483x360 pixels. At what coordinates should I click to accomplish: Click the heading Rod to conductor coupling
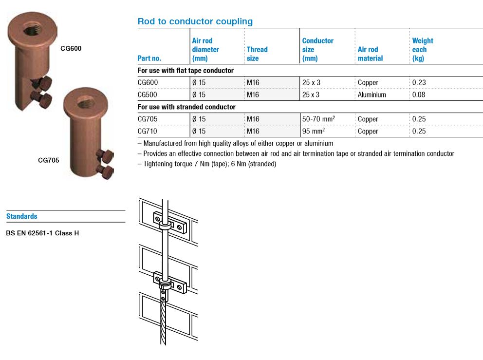[x=195, y=21]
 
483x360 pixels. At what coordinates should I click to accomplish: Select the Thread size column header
[x=257, y=54]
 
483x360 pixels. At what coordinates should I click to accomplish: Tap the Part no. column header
[x=149, y=58]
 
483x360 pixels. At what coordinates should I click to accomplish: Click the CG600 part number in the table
[x=148, y=83]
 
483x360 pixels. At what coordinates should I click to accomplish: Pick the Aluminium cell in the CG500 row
[x=372, y=95]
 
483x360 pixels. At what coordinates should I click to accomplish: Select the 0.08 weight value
[x=419, y=95]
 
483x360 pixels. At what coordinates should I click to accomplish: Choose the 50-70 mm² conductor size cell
[x=318, y=119]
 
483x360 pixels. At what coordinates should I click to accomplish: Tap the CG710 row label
[x=148, y=132]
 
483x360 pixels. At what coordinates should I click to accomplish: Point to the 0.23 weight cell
[x=419, y=83]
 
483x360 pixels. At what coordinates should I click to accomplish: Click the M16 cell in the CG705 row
[x=253, y=119]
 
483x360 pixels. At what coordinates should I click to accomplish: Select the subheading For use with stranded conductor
[x=186, y=107]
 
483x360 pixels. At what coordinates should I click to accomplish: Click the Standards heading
[x=22, y=216]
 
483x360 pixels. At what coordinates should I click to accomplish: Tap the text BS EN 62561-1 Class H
[x=42, y=233]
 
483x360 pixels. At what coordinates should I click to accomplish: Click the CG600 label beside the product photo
[x=71, y=49]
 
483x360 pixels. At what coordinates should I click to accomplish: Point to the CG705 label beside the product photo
[x=49, y=159]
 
